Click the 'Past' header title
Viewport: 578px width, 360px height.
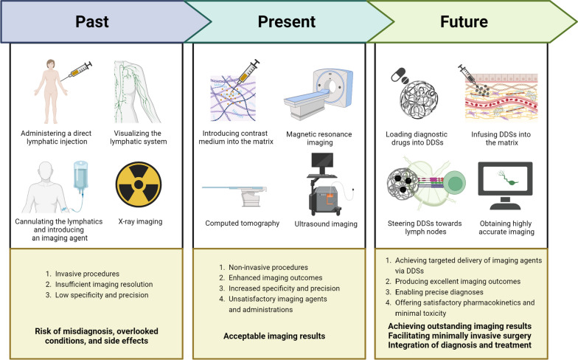(91, 21)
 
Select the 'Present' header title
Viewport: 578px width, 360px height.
(286, 21)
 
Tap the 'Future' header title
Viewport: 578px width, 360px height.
(464, 21)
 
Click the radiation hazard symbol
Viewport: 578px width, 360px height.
(139, 184)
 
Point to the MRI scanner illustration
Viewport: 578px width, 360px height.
(318, 94)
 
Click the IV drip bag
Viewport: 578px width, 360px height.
(81, 176)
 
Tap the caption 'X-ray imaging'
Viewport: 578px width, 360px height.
(140, 221)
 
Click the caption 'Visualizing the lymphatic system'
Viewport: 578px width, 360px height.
(139, 137)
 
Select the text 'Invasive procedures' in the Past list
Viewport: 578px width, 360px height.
(87, 274)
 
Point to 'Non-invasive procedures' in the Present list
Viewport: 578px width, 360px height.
(268, 267)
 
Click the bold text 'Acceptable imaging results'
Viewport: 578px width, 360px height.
(274, 336)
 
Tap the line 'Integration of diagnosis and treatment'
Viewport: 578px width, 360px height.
(460, 345)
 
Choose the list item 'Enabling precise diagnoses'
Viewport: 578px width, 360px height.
(439, 292)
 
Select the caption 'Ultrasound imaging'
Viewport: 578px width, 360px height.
(326, 224)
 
